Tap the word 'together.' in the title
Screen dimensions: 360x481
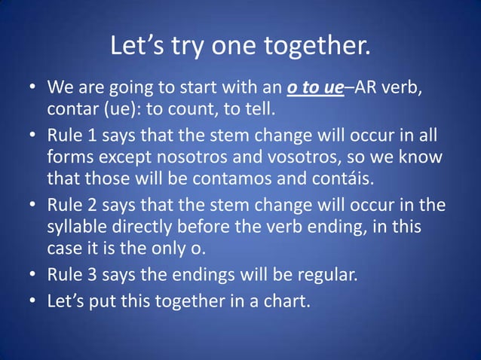(x=317, y=47)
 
